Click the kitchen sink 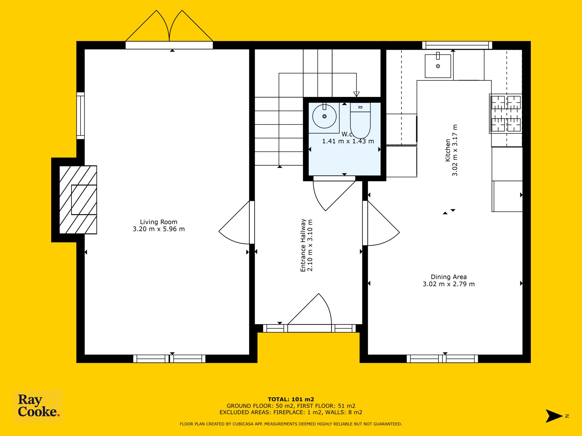coord(438,66)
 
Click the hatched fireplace coord(78,200)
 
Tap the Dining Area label coord(449,277)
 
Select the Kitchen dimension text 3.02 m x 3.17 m coord(455,150)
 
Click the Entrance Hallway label coord(303,245)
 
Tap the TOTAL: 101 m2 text coord(291,400)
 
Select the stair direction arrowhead coord(356,94)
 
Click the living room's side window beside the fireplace coord(80,116)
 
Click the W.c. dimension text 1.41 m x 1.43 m coord(348,141)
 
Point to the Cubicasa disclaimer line coord(291,424)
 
